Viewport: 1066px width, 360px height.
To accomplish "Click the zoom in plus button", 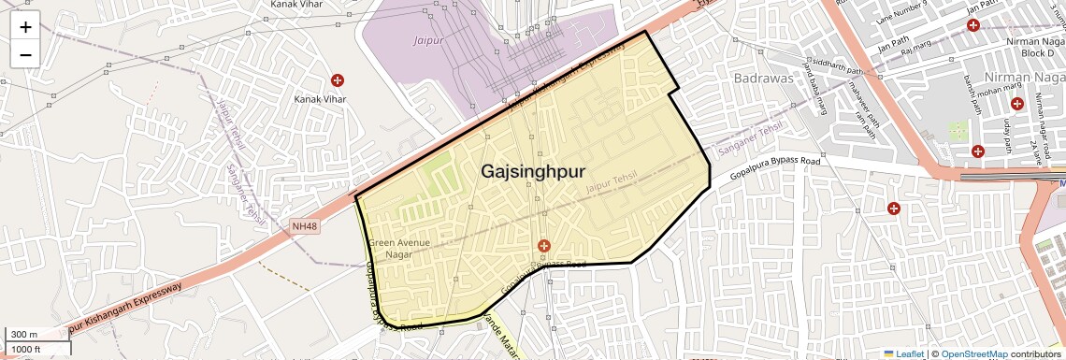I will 25,26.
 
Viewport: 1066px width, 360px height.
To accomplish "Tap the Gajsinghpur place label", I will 533,171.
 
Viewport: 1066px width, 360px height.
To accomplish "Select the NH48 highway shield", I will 305,226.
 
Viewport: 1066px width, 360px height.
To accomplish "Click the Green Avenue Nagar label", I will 399,249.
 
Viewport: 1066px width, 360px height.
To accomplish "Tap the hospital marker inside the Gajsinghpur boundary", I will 542,245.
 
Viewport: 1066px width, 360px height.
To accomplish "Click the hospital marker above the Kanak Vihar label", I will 338,80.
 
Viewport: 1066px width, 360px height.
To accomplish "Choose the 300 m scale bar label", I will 24,335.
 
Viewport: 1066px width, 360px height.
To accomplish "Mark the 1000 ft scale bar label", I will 28,349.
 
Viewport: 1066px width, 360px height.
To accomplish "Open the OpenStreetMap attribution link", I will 973,353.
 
